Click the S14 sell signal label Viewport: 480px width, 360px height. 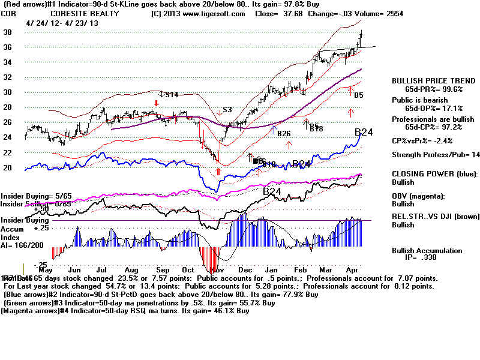[172, 94]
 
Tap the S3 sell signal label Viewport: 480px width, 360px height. [227, 110]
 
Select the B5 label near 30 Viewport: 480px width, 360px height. [358, 95]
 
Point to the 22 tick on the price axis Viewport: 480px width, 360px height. [8, 153]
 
